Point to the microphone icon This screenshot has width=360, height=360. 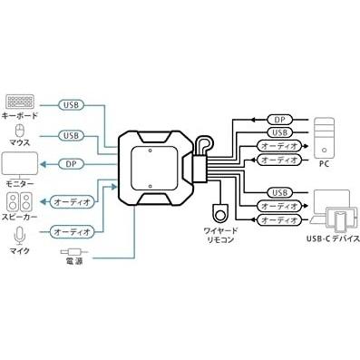[19, 235]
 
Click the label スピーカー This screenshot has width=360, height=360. [22, 218]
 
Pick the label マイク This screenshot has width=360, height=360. [20, 252]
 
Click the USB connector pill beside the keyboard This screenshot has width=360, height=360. [73, 104]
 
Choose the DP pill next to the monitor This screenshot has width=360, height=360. [73, 164]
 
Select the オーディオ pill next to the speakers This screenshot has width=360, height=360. [73, 202]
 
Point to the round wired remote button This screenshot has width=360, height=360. [218, 214]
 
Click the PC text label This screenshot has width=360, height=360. [324, 164]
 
